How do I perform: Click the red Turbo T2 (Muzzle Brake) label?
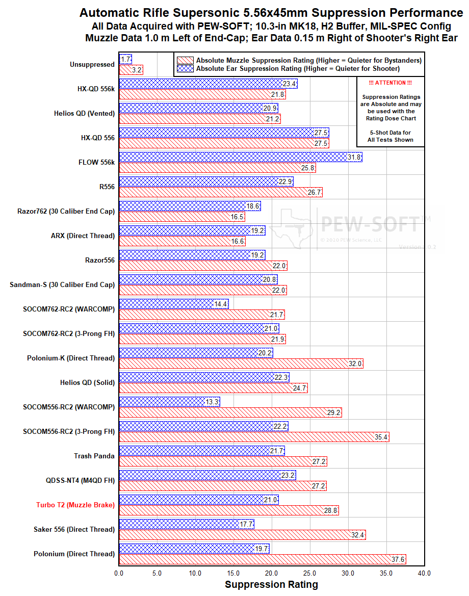75,505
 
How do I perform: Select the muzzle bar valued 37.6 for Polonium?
262,559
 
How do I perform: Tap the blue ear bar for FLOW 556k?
240,157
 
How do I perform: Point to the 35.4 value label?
381,437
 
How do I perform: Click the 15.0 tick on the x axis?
233,573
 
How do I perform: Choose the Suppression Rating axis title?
271,585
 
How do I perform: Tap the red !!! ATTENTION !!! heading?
390,83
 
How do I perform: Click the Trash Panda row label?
94,456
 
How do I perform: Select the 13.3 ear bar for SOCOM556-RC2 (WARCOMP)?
169,402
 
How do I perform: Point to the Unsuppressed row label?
92,64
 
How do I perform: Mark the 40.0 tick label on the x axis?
424,573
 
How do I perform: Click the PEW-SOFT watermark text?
372,223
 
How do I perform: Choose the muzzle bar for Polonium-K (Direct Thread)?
241,364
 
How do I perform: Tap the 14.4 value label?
221,304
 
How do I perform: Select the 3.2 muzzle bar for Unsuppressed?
131,70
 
